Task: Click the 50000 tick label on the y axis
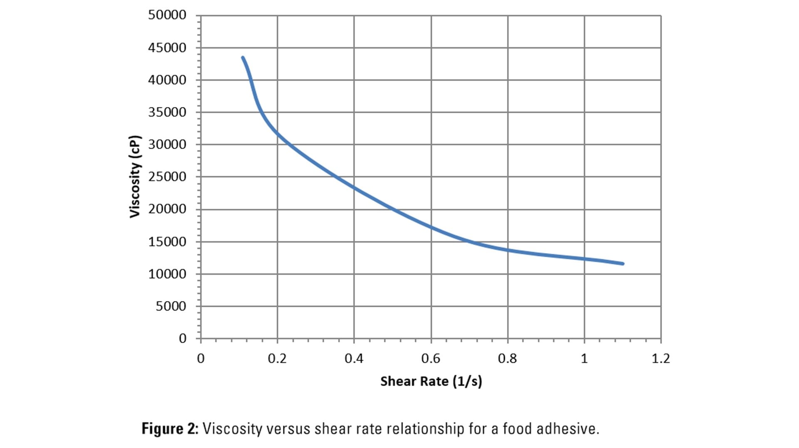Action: tap(167, 15)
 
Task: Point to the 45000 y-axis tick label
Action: tap(167, 47)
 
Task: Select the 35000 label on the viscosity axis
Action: tap(167, 112)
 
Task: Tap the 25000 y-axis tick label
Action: tap(167, 177)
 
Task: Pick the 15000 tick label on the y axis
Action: tap(167, 241)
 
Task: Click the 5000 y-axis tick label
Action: tap(171, 306)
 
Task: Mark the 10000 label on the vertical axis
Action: tap(167, 274)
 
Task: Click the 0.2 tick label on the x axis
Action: tap(277, 358)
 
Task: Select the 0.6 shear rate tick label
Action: tap(431, 358)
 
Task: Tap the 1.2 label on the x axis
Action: tap(660, 358)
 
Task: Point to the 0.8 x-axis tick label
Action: tap(507, 358)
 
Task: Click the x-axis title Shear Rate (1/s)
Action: tap(431, 381)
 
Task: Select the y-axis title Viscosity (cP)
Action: tap(135, 177)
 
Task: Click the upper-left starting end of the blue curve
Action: tap(243, 58)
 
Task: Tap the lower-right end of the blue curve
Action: tap(623, 264)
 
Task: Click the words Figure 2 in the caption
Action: tap(170, 428)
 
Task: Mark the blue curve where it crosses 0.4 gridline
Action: tap(354, 188)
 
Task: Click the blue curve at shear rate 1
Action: tap(584, 259)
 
